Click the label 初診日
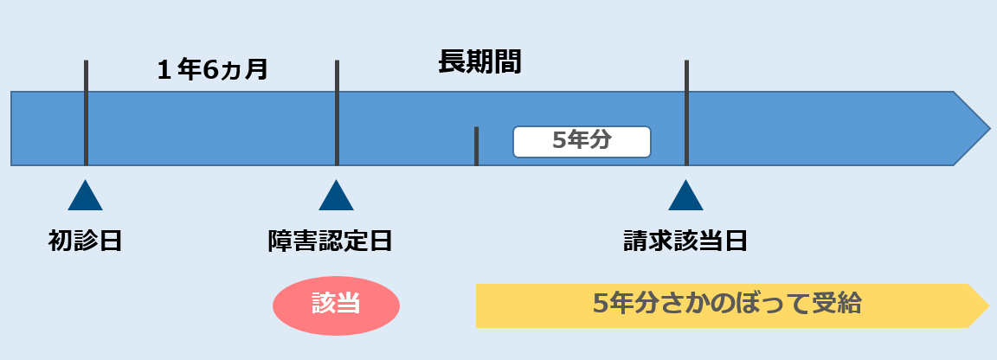point(85,241)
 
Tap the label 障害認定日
point(330,241)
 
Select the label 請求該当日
point(685,241)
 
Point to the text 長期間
point(479,63)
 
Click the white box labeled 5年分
point(582,141)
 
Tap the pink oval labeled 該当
point(336,304)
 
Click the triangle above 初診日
point(85,197)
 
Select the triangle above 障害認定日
point(336,197)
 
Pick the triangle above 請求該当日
point(685,197)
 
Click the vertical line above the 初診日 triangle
point(86,112)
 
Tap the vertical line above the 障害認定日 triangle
point(337,112)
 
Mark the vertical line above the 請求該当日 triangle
point(686,112)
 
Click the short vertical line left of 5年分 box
point(476,146)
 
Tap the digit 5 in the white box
point(559,141)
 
